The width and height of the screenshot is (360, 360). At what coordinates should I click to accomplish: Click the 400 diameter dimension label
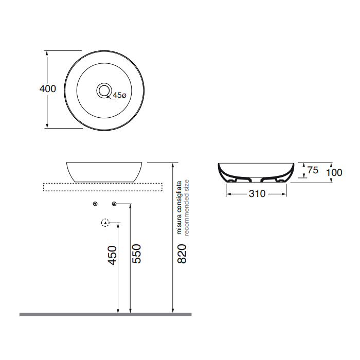click(x=48, y=89)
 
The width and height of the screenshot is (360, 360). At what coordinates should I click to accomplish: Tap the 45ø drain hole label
click(x=119, y=95)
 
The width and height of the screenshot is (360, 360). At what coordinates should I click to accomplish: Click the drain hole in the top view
click(x=104, y=91)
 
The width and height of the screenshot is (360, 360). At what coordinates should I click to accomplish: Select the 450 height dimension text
click(x=113, y=255)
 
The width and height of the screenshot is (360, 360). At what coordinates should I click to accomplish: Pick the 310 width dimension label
click(x=257, y=194)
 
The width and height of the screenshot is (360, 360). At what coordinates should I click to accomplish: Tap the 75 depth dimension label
click(x=312, y=170)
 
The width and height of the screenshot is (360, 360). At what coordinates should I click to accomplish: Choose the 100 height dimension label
click(x=334, y=172)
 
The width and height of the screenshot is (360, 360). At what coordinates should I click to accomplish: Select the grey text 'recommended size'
click(x=187, y=207)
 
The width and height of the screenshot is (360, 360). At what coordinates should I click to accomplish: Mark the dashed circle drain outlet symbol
click(x=105, y=223)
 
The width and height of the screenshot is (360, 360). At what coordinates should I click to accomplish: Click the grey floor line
click(x=105, y=314)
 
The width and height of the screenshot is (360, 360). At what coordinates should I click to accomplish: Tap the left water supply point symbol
click(x=95, y=204)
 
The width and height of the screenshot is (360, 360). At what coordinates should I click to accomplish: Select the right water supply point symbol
click(x=114, y=204)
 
